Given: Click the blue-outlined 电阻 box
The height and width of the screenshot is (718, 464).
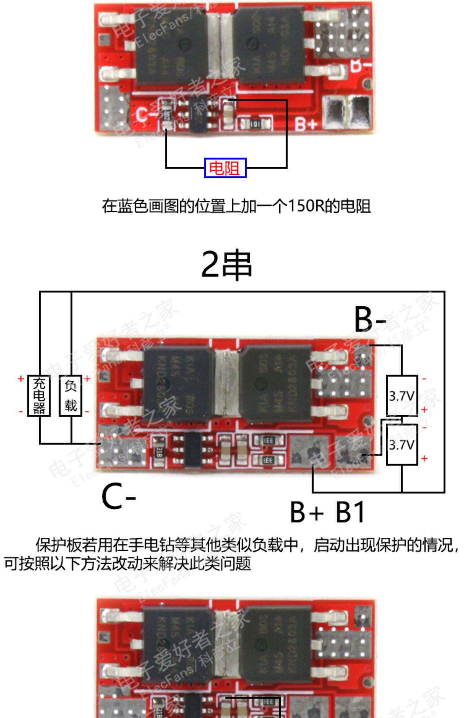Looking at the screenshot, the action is (x=225, y=168).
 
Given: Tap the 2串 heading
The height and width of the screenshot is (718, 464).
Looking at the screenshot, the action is (x=227, y=265).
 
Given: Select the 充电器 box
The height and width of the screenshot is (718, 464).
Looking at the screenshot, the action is (x=39, y=395).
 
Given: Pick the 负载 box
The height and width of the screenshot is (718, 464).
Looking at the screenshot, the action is (x=71, y=395).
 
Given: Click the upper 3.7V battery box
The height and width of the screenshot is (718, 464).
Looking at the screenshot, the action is (x=402, y=395).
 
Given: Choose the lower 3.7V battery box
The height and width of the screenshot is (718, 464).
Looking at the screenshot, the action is (x=402, y=445).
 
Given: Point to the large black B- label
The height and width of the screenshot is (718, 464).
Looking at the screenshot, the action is (x=370, y=319).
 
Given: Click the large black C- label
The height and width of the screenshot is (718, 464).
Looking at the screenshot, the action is (x=118, y=497).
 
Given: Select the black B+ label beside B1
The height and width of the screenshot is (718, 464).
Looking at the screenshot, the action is (x=306, y=512).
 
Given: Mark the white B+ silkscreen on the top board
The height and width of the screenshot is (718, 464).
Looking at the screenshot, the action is (x=306, y=124).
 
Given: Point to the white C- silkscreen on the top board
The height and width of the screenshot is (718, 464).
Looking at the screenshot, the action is (x=145, y=115).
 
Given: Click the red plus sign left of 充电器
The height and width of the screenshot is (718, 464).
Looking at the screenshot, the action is (x=21, y=378).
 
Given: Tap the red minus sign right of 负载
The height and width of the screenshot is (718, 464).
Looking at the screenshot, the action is (x=87, y=412).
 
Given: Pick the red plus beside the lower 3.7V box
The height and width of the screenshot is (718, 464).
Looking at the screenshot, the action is (x=424, y=458).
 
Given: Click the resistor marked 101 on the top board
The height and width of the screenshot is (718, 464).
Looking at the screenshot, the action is (x=255, y=124).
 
